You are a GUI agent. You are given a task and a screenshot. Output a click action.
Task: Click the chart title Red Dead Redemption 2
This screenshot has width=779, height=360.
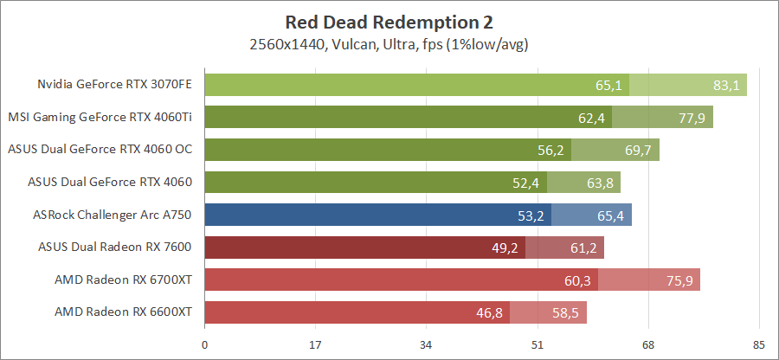coord(391,22)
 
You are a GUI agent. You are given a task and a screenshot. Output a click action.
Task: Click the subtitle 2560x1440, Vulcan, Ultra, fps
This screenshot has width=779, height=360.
coord(391,43)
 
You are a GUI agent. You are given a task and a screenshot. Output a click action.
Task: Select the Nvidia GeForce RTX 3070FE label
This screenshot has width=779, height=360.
coord(114,85)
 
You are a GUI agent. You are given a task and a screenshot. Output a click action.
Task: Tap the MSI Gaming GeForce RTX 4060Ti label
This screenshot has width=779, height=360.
coord(100,118)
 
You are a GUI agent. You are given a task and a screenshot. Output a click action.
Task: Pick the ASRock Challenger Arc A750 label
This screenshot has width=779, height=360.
coord(112,215)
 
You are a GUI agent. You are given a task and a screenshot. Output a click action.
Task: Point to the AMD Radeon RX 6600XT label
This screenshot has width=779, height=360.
coord(123,312)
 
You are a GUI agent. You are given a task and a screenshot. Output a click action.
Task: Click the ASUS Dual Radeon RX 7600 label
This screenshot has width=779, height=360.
coord(115,247)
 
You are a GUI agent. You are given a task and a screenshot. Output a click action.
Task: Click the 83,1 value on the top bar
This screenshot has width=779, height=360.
coord(725,85)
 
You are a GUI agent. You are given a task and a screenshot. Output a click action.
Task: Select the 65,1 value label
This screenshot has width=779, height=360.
coord(609,85)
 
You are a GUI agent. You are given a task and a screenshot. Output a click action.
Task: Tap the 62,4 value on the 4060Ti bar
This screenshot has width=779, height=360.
coord(592,118)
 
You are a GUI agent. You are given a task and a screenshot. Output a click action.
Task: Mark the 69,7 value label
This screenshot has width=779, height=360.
coord(638,151)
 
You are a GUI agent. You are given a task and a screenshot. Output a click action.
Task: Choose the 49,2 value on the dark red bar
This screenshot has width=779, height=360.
coord(505,247)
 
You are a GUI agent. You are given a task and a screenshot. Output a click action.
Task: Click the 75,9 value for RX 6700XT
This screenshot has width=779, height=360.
coord(679,280)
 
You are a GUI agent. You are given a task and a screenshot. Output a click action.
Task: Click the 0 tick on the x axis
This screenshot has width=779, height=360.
coord(204,345)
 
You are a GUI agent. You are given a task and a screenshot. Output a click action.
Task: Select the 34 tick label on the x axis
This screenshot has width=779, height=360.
coord(427,345)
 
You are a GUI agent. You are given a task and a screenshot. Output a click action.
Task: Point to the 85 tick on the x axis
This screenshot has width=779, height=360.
coord(759,345)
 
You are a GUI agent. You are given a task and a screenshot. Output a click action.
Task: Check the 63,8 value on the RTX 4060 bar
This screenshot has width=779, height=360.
coord(600,183)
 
